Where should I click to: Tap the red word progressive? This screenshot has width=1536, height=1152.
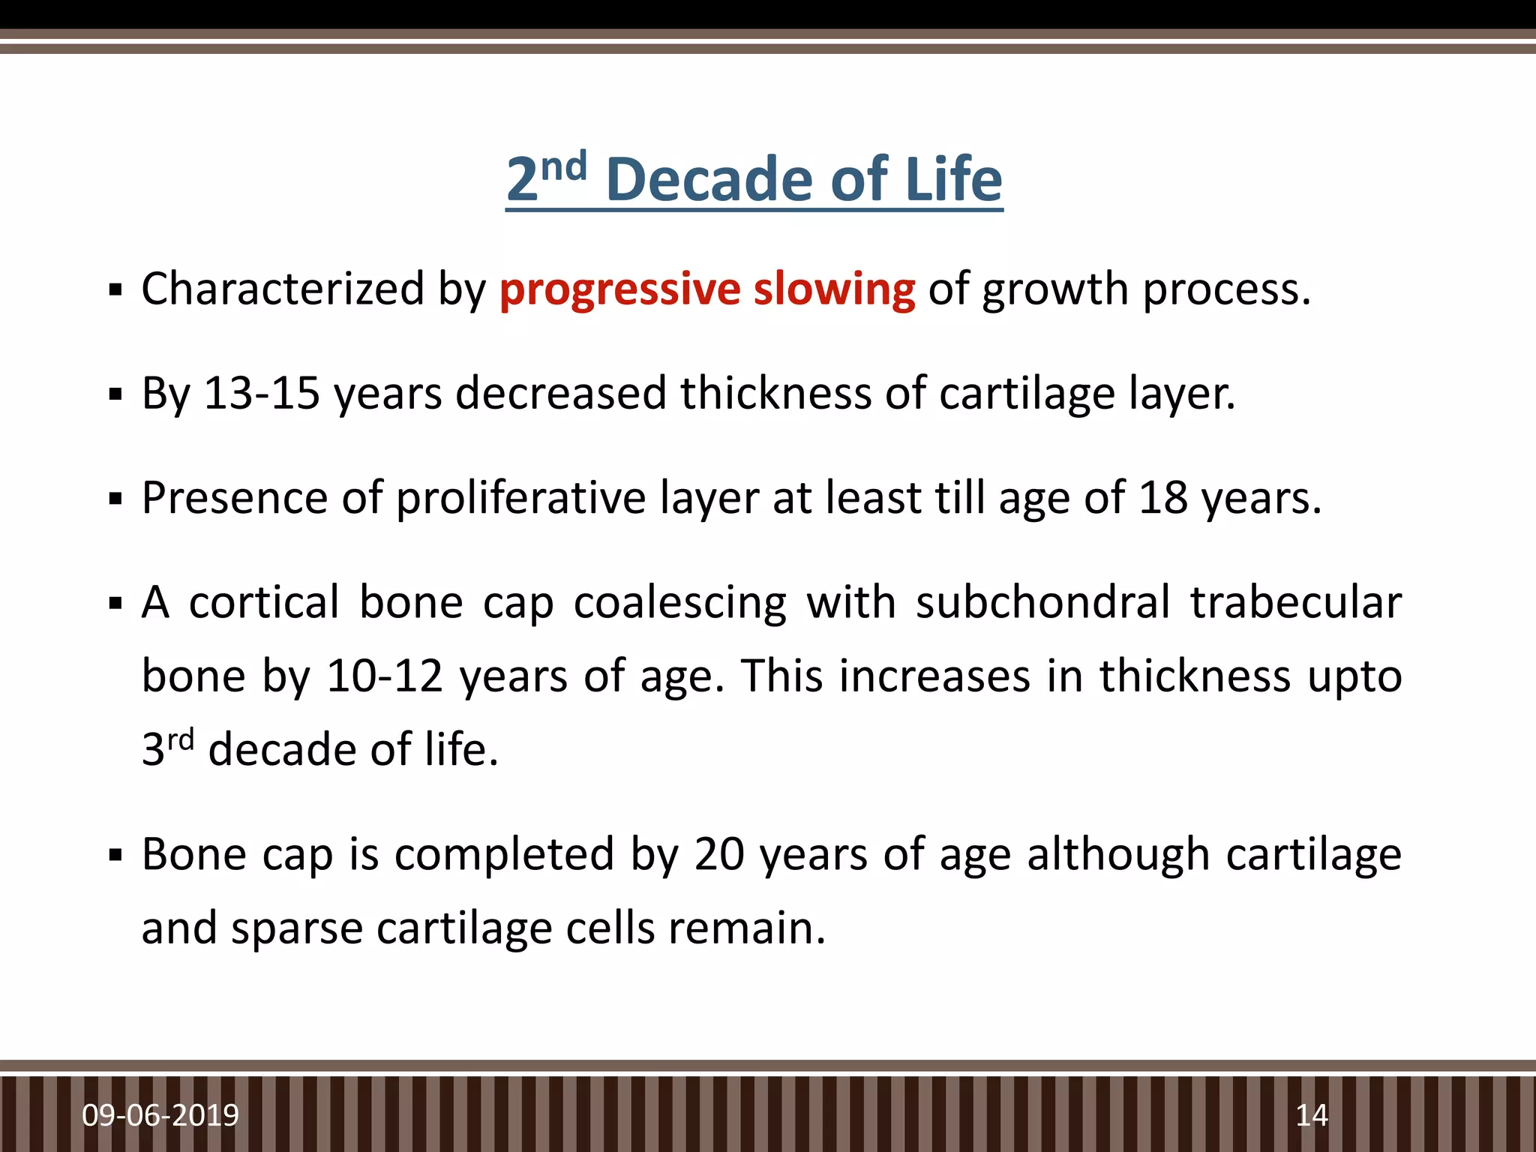pyautogui.click(x=619, y=289)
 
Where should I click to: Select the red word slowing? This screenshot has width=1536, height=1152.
pyautogui.click(x=834, y=289)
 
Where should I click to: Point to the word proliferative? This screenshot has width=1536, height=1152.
pyautogui.click(x=520, y=498)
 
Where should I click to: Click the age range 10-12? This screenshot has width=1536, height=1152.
pyautogui.click(x=385, y=676)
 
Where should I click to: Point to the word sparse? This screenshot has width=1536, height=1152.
pyautogui.click(x=297, y=928)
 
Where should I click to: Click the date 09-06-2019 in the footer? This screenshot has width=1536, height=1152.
pyautogui.click(x=160, y=1115)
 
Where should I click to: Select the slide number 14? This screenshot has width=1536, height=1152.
pyautogui.click(x=1312, y=1115)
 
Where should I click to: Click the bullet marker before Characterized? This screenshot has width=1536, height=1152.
pyautogui.click(x=115, y=290)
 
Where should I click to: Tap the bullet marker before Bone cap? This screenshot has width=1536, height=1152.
pyautogui.click(x=115, y=855)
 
